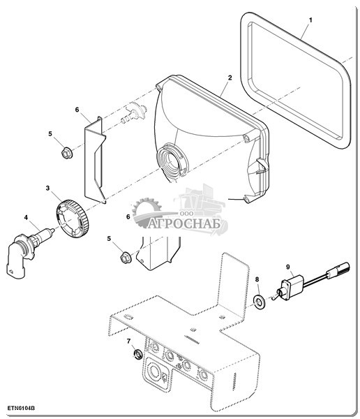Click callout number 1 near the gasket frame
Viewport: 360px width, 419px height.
(310, 20)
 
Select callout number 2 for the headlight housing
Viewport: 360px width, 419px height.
(230, 78)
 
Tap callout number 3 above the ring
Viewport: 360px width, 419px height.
(48, 188)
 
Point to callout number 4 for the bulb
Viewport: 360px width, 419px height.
(26, 217)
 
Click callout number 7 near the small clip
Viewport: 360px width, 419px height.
(129, 341)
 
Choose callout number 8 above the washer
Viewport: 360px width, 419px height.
(257, 279)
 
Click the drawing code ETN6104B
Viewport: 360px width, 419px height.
(21, 409)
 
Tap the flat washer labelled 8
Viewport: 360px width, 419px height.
(259, 302)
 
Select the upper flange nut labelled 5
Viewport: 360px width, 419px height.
(66, 154)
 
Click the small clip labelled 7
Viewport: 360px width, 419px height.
(138, 354)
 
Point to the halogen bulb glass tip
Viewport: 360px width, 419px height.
(52, 230)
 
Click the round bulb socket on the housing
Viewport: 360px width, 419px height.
(172, 160)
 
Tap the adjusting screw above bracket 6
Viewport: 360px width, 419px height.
(134, 112)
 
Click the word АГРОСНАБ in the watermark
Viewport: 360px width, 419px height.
(184, 223)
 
